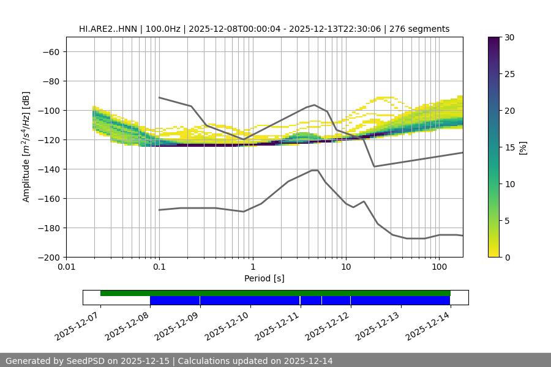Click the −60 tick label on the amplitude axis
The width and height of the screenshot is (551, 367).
point(51,52)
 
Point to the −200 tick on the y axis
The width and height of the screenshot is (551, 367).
point(48,258)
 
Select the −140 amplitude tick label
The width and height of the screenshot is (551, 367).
point(48,169)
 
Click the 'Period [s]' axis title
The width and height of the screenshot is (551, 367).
point(264,279)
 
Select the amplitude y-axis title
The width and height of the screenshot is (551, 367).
point(26,147)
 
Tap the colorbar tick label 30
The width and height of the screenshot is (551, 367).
point(509,37)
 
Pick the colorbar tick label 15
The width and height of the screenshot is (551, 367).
point(509,147)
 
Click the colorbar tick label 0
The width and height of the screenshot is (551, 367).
point(506,258)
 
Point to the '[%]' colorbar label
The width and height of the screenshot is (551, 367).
point(523,147)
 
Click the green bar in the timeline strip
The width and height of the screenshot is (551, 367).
point(275,293)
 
